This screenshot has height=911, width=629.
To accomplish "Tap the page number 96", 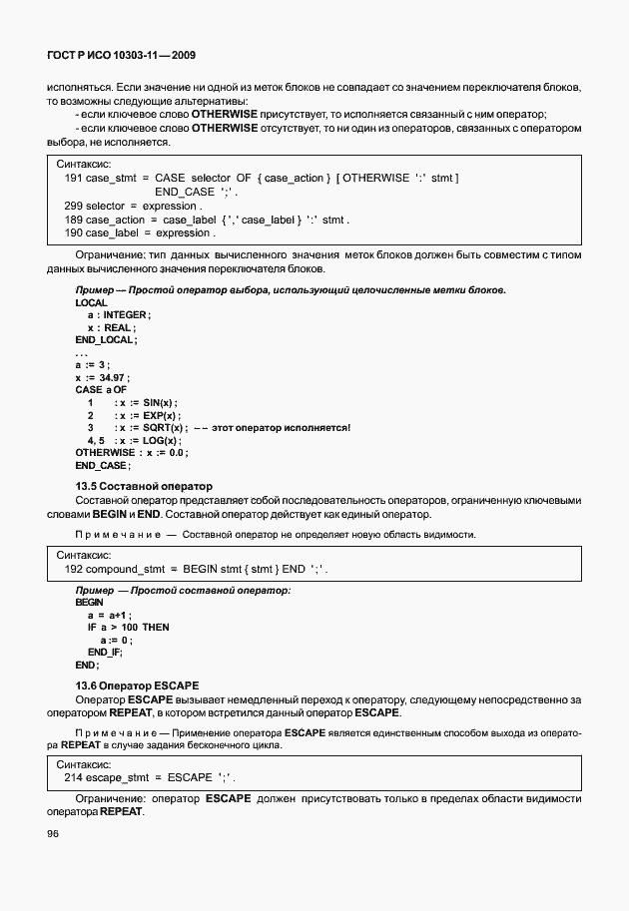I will [x=53, y=834].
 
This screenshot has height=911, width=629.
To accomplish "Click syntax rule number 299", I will [x=72, y=206].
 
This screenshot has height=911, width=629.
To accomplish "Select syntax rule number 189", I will [x=72, y=220].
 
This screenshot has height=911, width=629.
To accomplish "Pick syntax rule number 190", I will [x=72, y=233].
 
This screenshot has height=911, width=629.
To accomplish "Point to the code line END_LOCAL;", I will [x=105, y=340].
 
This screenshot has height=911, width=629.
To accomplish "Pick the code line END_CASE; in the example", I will [x=102, y=466].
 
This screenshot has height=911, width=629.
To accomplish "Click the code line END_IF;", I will [x=105, y=652].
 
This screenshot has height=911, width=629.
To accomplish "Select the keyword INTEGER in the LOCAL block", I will [x=125, y=314].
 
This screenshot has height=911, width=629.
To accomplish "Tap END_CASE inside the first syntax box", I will [x=185, y=192].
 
